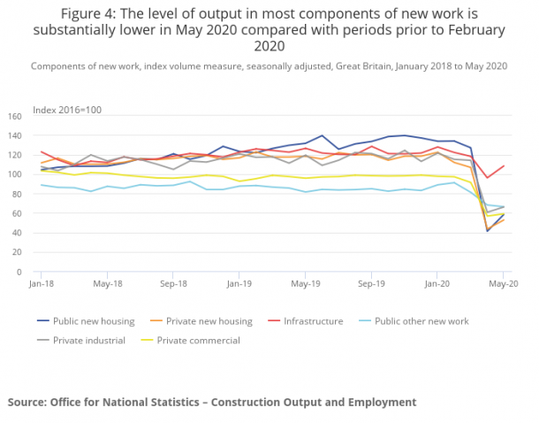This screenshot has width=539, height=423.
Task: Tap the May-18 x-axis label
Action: pyautogui.click(x=107, y=286)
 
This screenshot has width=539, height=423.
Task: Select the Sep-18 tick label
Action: pyautogui.click(x=173, y=286)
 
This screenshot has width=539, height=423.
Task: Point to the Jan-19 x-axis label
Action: pyautogui.click(x=239, y=286)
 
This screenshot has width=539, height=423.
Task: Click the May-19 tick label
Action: pyautogui.click(x=305, y=286)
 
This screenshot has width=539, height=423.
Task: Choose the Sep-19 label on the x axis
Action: pyautogui.click(x=371, y=286)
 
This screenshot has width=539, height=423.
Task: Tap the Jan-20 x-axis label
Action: pyautogui.click(x=437, y=286)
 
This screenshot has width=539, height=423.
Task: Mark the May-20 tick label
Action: pyautogui.click(x=503, y=286)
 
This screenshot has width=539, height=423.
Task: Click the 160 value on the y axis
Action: pyautogui.click(x=14, y=116)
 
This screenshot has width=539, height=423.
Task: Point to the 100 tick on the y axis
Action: pyautogui.click(x=14, y=174)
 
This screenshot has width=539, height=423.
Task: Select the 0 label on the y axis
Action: pyautogui.click(x=19, y=272)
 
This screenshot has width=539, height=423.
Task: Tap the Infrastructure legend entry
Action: pyautogui.click(x=314, y=321)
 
